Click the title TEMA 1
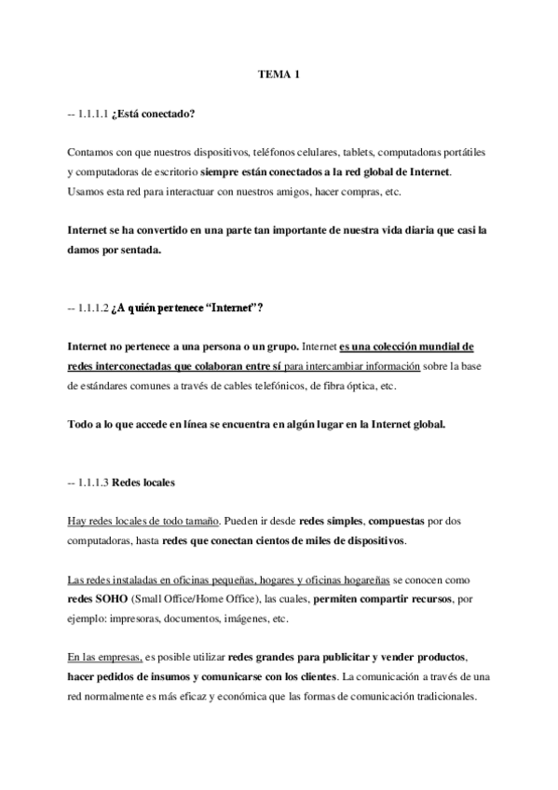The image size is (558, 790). click(279, 75)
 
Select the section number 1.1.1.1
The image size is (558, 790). click(95, 116)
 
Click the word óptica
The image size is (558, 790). click(378, 385)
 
